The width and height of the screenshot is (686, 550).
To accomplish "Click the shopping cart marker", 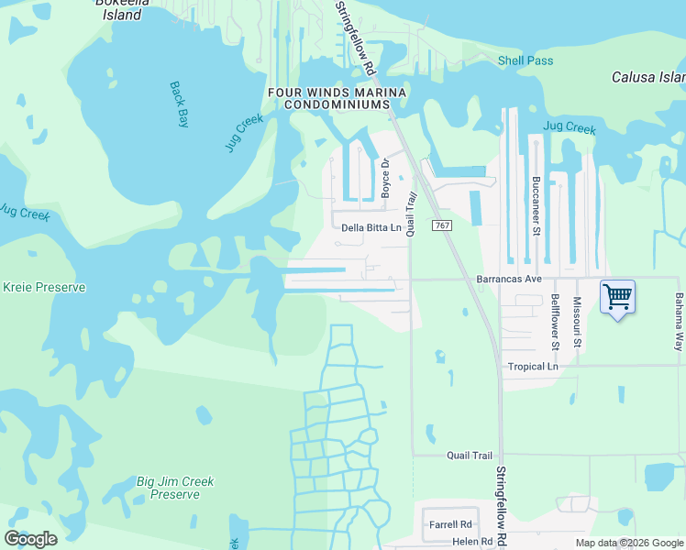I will [617, 297].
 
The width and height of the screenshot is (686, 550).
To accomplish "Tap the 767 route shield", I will [441, 225].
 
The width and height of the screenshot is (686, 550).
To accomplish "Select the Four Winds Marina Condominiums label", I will [337, 98].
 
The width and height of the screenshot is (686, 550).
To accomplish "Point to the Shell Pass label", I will [526, 60].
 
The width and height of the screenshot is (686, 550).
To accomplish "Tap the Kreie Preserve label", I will [44, 287].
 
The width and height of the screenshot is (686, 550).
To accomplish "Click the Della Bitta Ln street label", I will [371, 228].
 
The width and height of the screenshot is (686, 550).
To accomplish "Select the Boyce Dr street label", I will [386, 178].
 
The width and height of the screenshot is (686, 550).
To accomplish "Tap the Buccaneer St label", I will [535, 205].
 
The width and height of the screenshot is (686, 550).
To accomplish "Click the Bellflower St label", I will [556, 322].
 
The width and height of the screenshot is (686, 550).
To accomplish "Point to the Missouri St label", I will [578, 322].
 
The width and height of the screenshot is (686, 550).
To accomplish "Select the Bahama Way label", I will [680, 322].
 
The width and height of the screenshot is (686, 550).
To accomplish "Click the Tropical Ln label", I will [533, 367].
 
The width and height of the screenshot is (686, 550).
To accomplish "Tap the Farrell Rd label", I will [449, 525].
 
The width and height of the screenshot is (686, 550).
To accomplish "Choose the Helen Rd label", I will [448, 542].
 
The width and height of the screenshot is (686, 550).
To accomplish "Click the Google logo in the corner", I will [30, 539].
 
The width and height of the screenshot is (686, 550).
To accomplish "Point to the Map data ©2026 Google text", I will [630, 543].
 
